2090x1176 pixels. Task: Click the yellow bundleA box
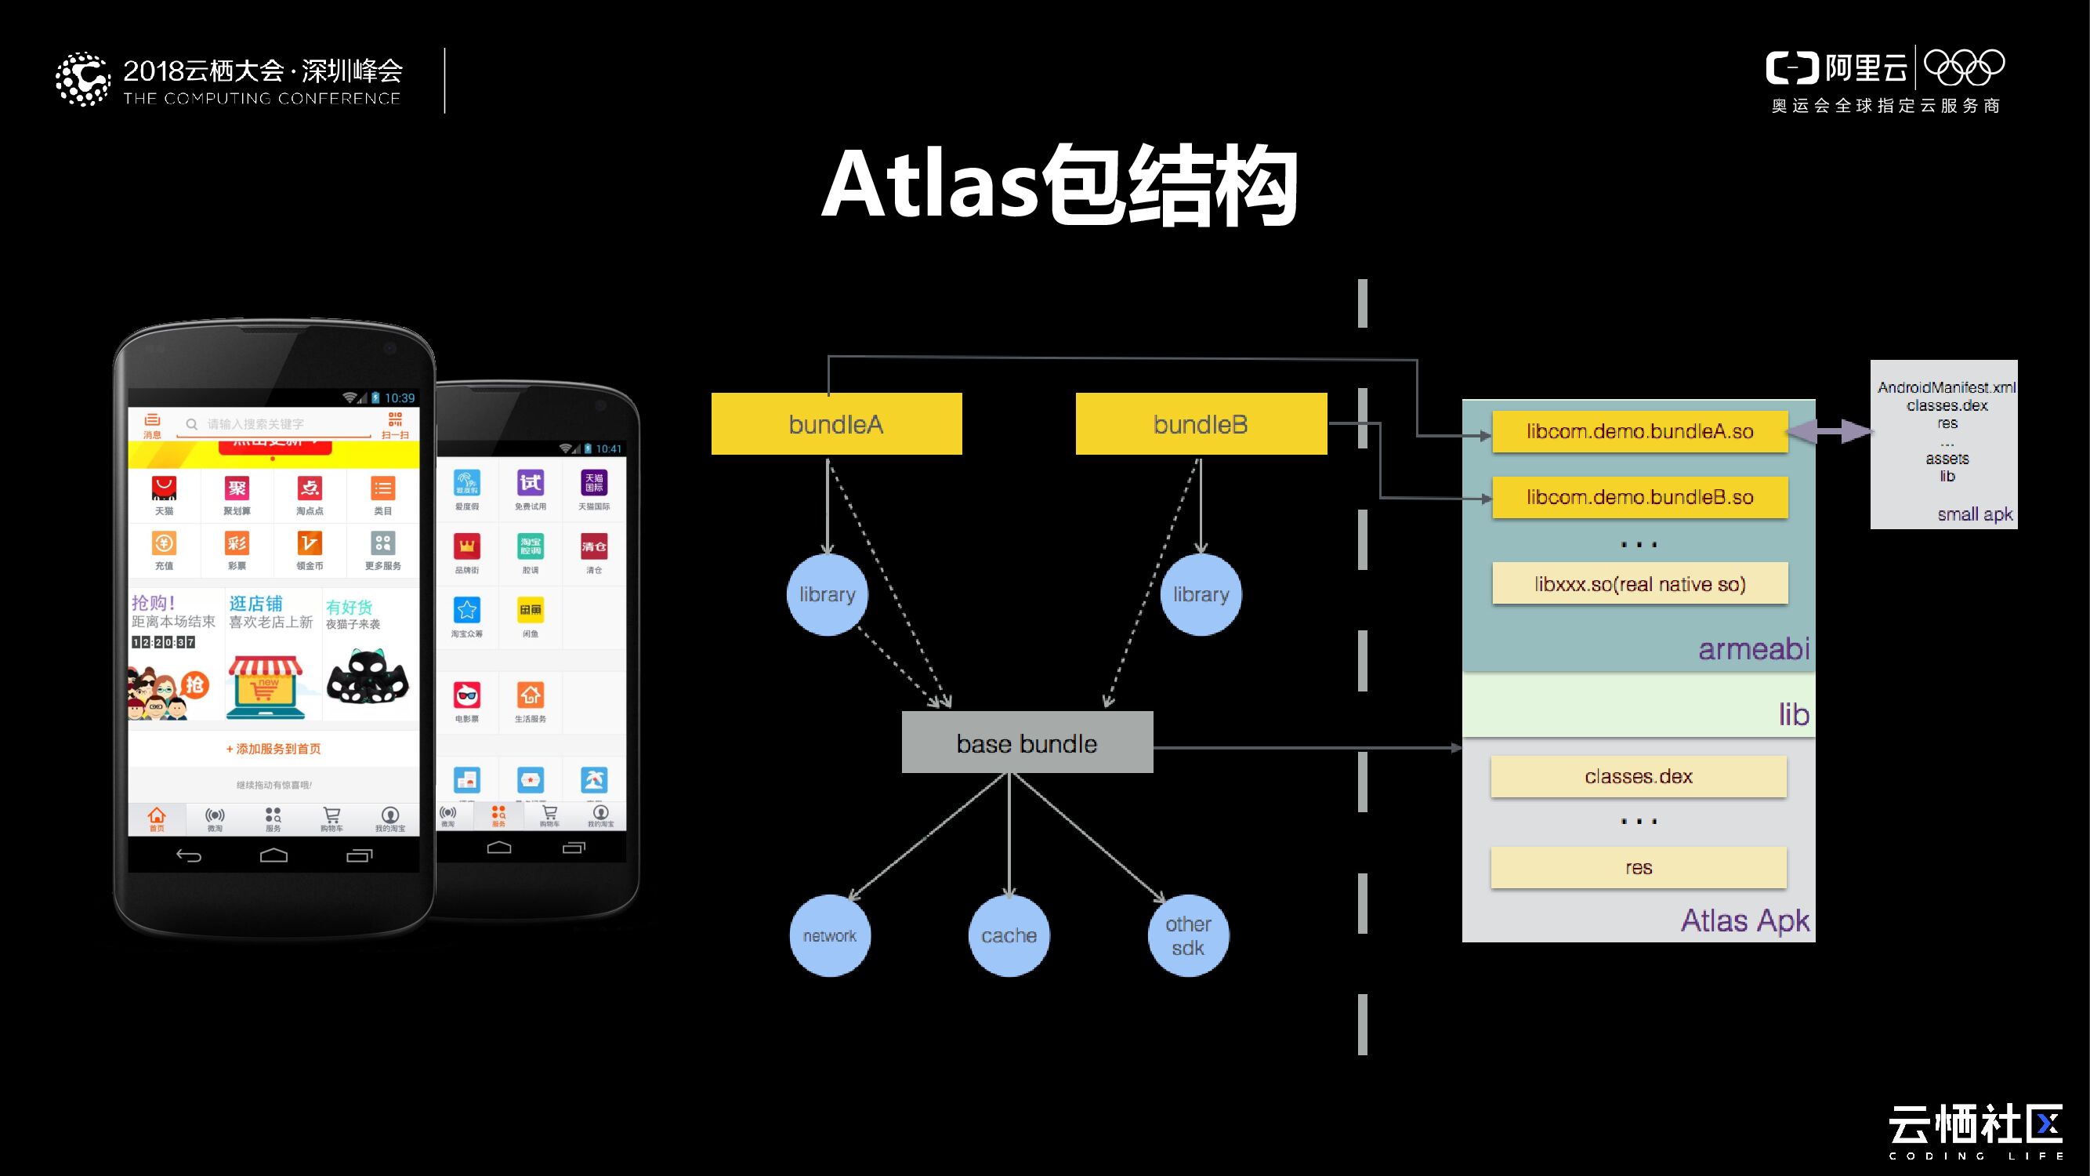[836, 423]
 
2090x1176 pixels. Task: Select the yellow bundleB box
[1201, 423]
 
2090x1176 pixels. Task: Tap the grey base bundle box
[1027, 742]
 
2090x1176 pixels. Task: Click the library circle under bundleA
[828, 594]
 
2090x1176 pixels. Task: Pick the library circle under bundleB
[1201, 594]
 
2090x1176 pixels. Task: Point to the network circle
[829, 935]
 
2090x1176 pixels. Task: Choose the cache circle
[1009, 935]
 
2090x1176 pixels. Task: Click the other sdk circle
[1188, 935]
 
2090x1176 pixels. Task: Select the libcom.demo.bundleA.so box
[1639, 431]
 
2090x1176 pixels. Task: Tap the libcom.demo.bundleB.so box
[1639, 497]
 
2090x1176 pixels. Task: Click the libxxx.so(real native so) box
[1639, 583]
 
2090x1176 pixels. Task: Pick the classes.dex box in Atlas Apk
[1638, 776]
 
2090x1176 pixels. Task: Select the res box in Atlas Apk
[1638, 867]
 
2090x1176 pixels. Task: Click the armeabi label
[1753, 648]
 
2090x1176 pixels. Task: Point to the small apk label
[1974, 514]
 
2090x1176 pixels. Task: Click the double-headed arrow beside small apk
[1829, 431]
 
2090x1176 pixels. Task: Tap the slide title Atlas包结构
[1059, 186]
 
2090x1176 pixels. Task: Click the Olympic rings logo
[1963, 67]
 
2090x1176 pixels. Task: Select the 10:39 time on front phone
[399, 397]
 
